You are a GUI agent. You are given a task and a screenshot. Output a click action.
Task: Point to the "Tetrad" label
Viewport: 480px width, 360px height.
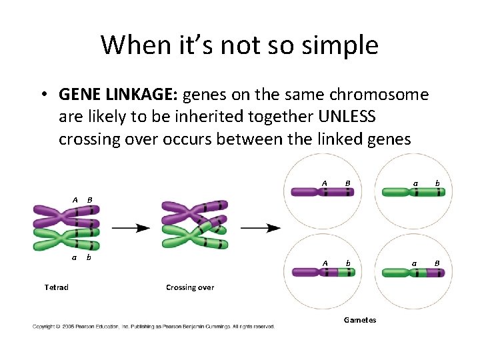[56, 287]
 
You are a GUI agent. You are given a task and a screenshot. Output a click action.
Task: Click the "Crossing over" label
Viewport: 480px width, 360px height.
[190, 287]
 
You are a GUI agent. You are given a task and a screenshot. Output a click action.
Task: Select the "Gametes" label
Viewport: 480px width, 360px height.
[360, 320]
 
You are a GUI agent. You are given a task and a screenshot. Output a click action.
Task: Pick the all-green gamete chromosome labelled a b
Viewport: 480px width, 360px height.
[413, 193]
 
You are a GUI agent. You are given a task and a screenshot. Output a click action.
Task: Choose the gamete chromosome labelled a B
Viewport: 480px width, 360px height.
[413, 272]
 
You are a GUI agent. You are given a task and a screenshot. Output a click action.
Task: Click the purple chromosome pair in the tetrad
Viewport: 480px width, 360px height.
[67, 216]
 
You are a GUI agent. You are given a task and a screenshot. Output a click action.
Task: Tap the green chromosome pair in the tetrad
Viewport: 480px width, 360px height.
[67, 239]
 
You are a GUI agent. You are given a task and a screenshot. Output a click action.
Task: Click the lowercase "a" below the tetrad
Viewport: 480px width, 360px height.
[75, 257]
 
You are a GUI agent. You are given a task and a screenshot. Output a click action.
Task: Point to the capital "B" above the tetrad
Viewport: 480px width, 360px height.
[89, 199]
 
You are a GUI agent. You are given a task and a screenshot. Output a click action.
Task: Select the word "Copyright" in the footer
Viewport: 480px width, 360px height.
[44, 327]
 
